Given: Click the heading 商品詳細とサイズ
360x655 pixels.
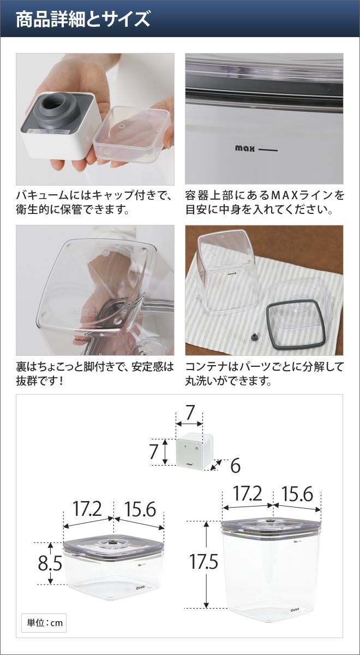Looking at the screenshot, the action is tap(83, 19).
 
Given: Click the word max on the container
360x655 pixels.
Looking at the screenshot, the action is tap(245, 148).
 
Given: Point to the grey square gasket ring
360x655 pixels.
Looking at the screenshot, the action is tap(295, 324).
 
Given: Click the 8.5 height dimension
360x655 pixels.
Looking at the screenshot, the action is tap(50, 563).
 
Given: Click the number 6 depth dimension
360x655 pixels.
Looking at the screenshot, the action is tap(235, 466).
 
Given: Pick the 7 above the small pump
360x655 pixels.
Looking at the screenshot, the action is tap(190, 413).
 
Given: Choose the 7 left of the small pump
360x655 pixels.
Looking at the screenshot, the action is tap(154, 451).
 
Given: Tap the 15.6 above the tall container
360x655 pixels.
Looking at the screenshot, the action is tap(297, 493).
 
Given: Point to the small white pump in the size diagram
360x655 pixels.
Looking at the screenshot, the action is tap(195, 451).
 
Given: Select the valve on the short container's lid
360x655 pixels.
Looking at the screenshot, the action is tap(111, 542).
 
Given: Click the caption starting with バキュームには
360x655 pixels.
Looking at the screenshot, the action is tap(95, 202).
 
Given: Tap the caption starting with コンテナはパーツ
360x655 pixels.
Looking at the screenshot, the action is tap(264, 374).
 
